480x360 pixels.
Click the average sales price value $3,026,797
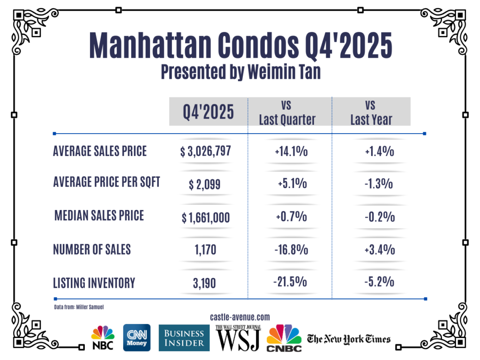point(206,151)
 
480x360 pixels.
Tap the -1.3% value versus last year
point(378,184)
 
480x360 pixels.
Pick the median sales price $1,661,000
point(206,217)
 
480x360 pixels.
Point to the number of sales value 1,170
point(205,250)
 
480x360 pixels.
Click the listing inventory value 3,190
point(205,283)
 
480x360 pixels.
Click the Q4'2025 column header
point(208,112)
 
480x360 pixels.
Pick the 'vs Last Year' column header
point(371,112)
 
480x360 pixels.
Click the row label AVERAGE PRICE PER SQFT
point(106,182)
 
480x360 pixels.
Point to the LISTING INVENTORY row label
point(94,283)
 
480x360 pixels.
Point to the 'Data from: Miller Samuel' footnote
point(78,307)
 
